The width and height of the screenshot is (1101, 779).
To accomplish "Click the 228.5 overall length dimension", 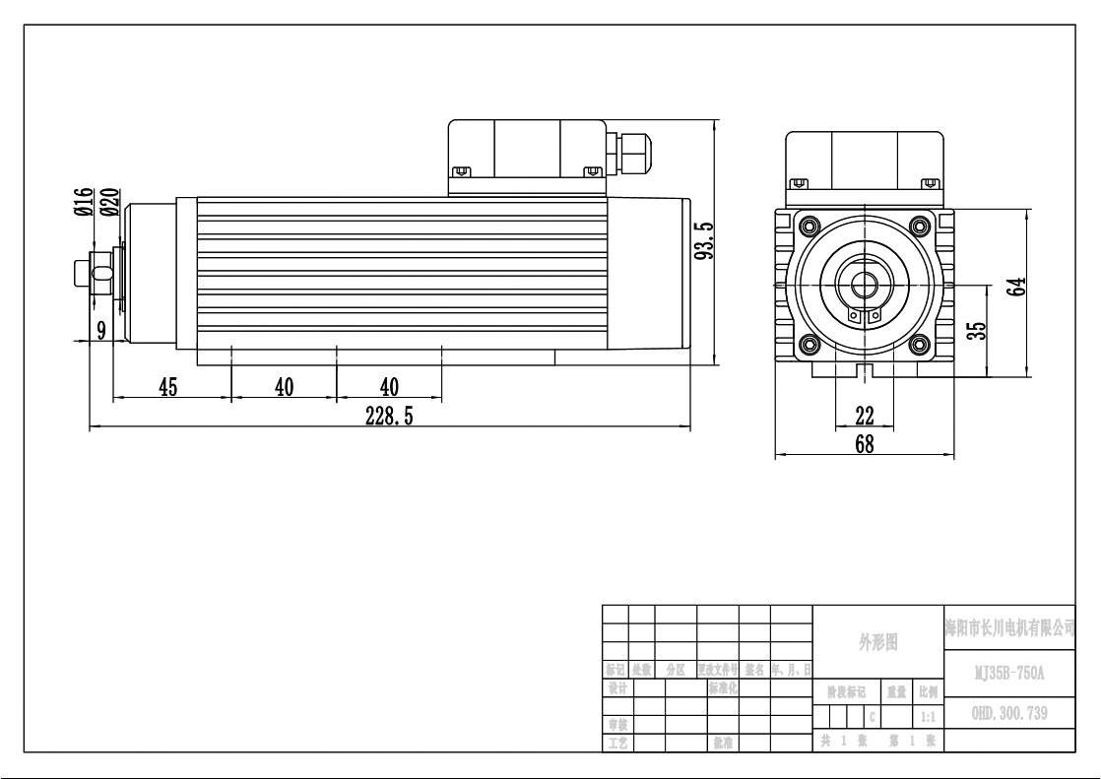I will (389, 417).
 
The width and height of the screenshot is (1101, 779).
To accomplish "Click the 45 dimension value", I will (168, 387).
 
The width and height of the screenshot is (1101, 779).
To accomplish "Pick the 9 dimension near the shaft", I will (100, 330).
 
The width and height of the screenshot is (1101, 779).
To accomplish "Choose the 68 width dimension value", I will (864, 444).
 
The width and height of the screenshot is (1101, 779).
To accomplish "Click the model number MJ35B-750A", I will (1008, 675).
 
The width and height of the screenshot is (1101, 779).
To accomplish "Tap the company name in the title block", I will (1008, 627).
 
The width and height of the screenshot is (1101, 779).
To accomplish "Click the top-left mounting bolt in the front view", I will (810, 224).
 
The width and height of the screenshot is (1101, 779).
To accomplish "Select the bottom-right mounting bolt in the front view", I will (919, 344).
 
